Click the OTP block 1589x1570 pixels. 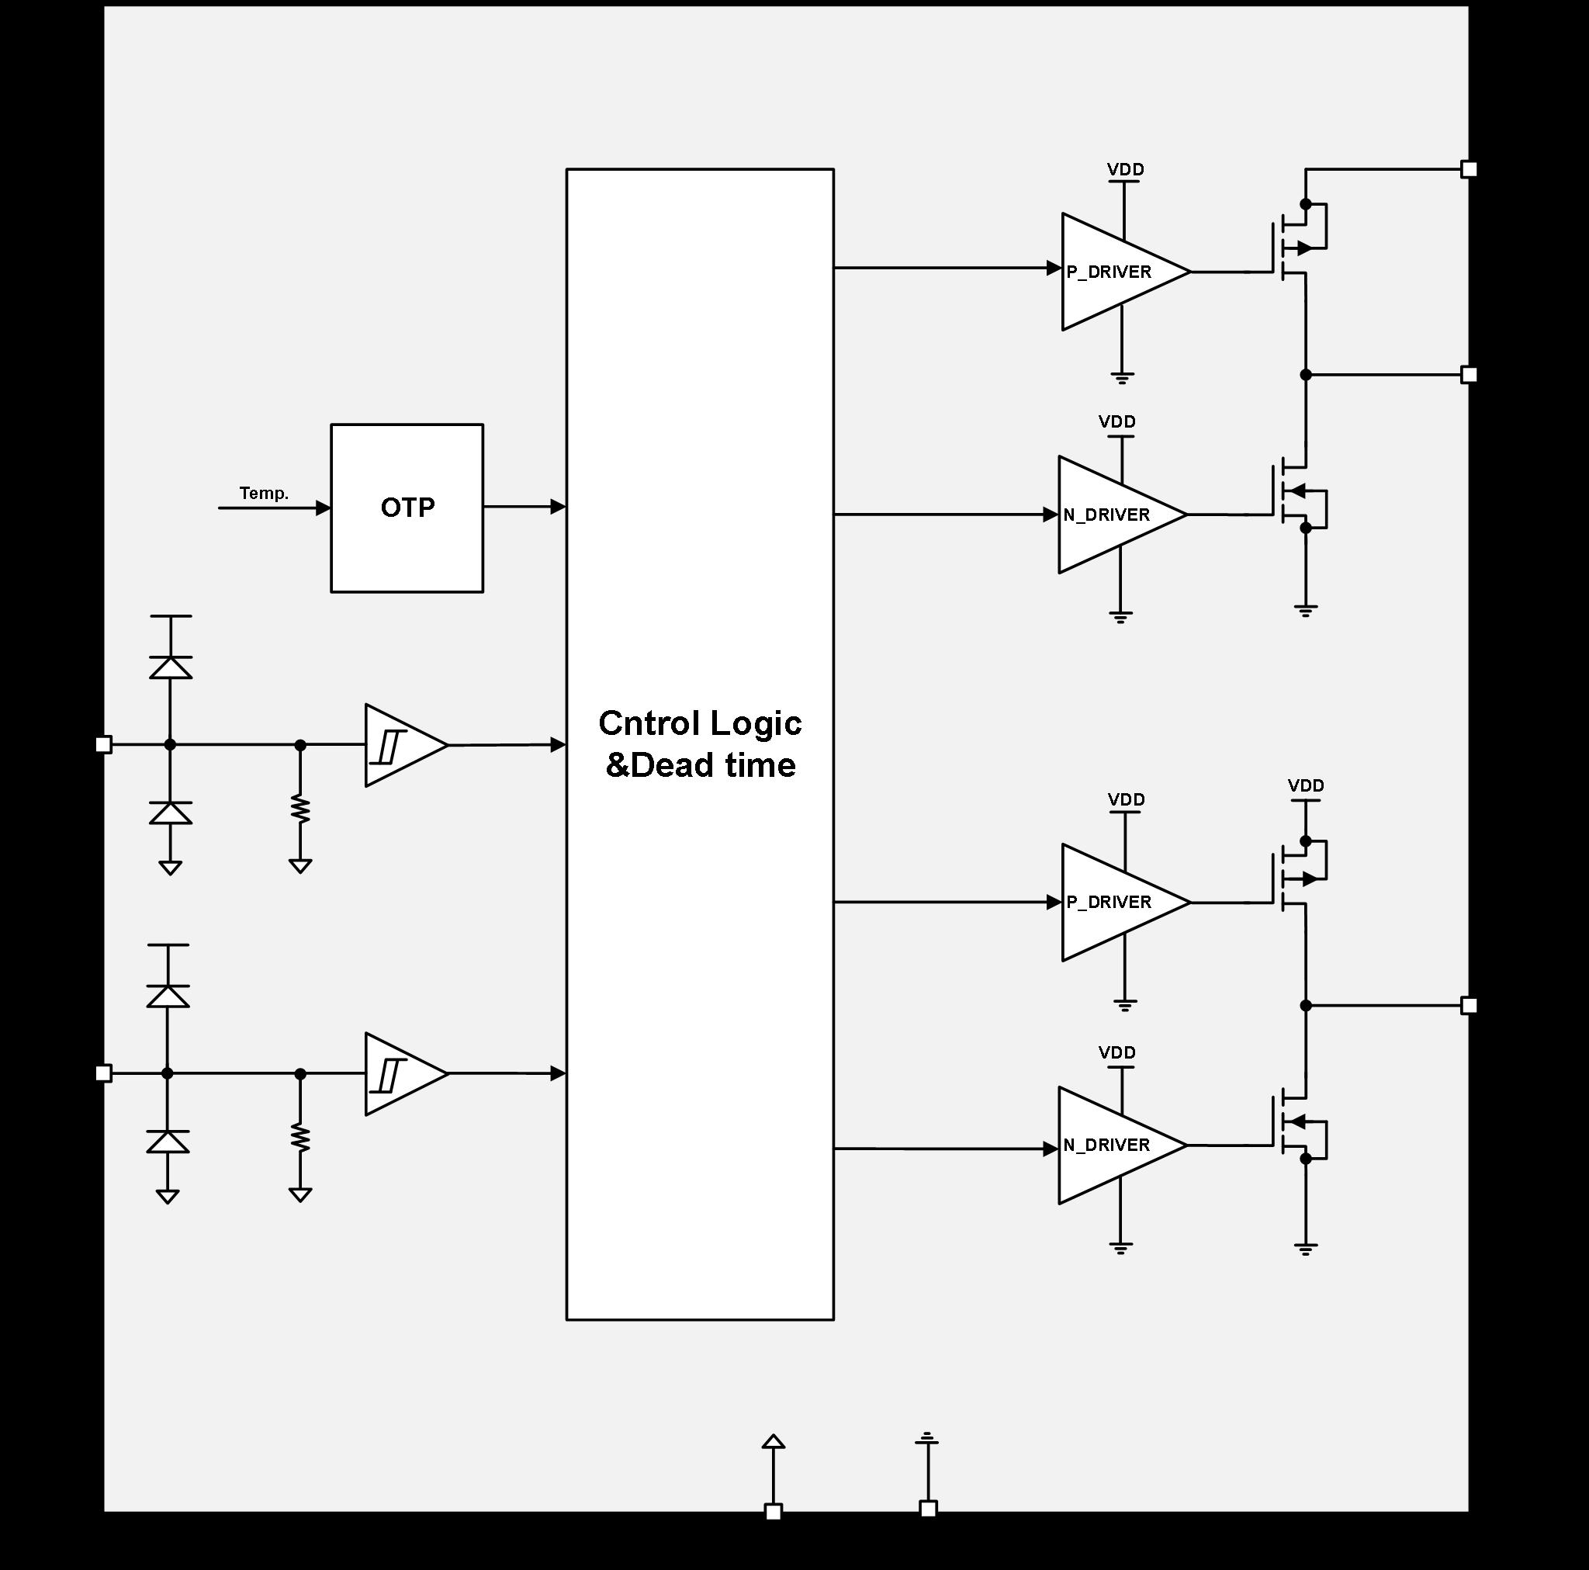point(407,508)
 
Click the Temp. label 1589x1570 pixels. point(263,493)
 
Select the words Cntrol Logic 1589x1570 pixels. point(699,723)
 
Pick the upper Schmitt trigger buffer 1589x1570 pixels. point(403,745)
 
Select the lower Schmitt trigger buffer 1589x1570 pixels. point(403,1074)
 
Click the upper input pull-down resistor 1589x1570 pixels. point(300,809)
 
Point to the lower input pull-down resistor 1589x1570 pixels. point(300,1138)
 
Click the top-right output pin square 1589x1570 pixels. point(1469,169)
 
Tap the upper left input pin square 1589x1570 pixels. point(104,745)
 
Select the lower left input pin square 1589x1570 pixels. point(104,1073)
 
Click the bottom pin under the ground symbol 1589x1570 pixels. point(928,1508)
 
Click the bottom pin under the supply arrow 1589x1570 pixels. point(773,1511)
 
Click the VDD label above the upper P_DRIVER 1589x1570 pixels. point(1125,169)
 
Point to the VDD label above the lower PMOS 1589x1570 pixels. point(1305,786)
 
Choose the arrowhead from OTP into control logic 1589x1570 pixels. point(558,507)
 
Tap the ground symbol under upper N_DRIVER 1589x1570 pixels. point(1120,617)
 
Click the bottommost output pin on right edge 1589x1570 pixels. point(1469,1006)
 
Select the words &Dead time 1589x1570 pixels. point(700,765)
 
